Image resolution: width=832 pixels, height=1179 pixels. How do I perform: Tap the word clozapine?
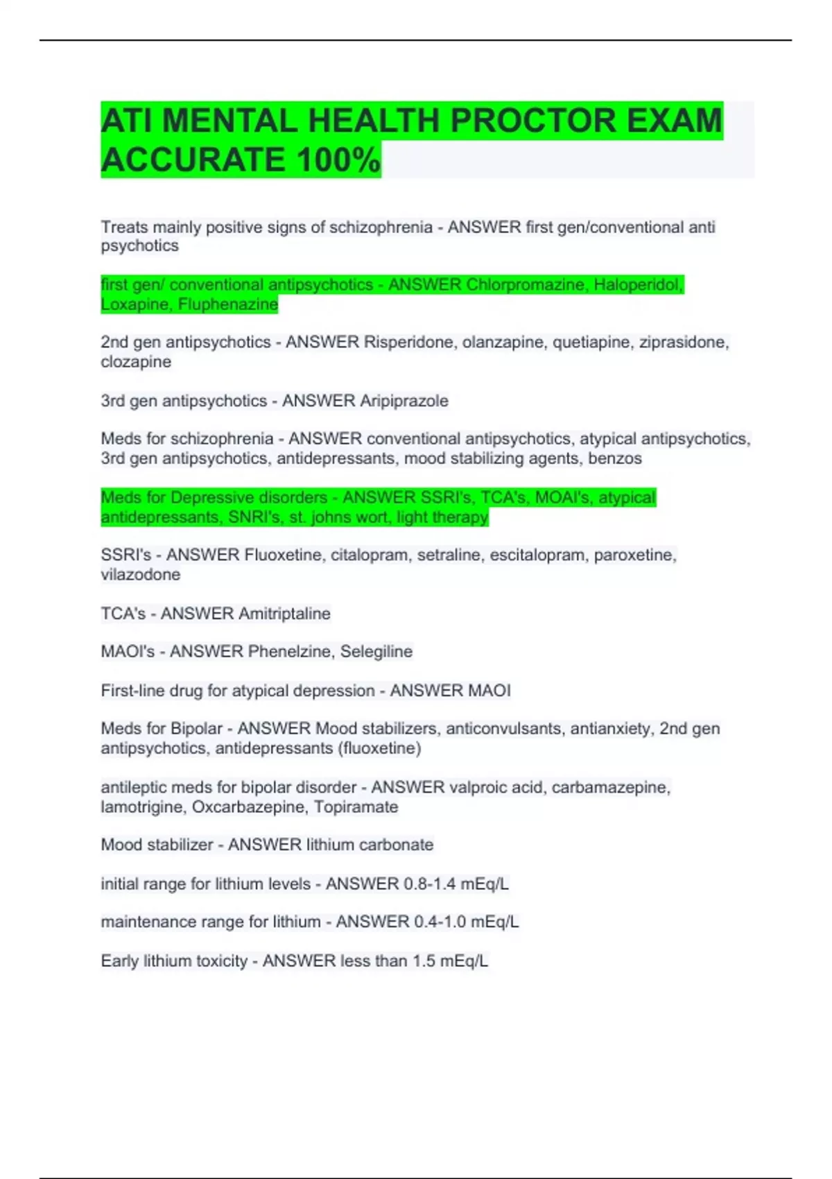[136, 361]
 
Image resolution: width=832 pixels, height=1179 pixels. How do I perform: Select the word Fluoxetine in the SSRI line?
[283, 555]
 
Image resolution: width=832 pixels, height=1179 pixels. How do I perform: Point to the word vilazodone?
[141, 574]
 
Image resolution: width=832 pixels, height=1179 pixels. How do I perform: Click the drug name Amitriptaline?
[284, 613]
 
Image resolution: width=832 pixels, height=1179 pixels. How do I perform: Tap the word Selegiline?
[376, 651]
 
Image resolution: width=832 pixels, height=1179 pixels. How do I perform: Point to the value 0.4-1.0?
[439, 922]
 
